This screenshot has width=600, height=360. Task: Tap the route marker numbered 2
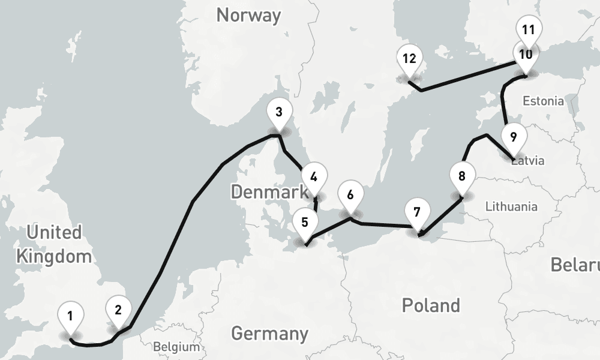118,310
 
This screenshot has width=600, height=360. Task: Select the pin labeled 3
278,112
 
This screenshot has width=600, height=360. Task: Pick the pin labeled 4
314,178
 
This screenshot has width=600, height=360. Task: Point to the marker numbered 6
350,196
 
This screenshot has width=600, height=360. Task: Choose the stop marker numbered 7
417,213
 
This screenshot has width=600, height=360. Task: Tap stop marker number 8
461,177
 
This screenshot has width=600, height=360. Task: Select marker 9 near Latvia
513,137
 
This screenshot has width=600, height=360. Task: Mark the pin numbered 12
410,59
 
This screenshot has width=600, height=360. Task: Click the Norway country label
248,15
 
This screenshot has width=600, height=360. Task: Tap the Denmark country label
269,193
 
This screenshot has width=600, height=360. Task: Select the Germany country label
269,333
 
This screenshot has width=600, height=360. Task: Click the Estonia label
543,100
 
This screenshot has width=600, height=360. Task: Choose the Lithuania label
511,207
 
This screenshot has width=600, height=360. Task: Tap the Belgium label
176,347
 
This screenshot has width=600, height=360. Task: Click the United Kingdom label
54,245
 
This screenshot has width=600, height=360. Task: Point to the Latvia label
529,161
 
